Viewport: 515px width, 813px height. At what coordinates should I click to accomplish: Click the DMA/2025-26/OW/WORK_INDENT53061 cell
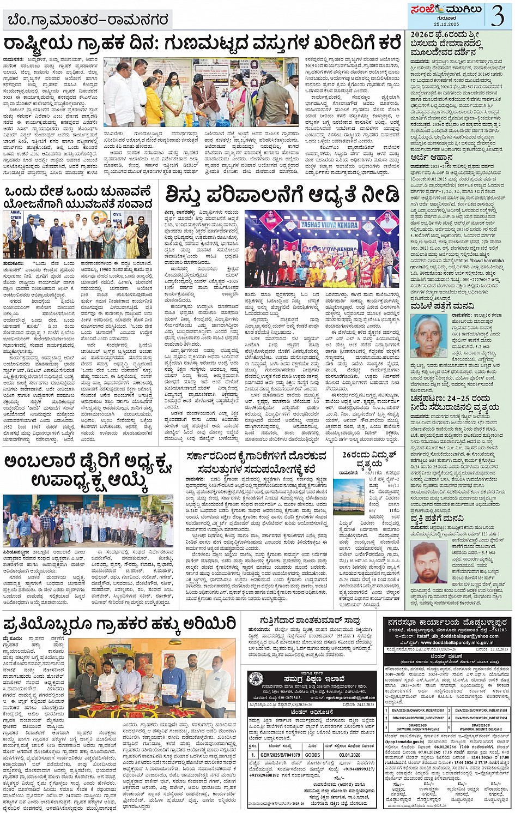(418, 710)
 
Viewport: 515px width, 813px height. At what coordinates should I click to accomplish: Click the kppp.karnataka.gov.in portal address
(404, 742)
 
